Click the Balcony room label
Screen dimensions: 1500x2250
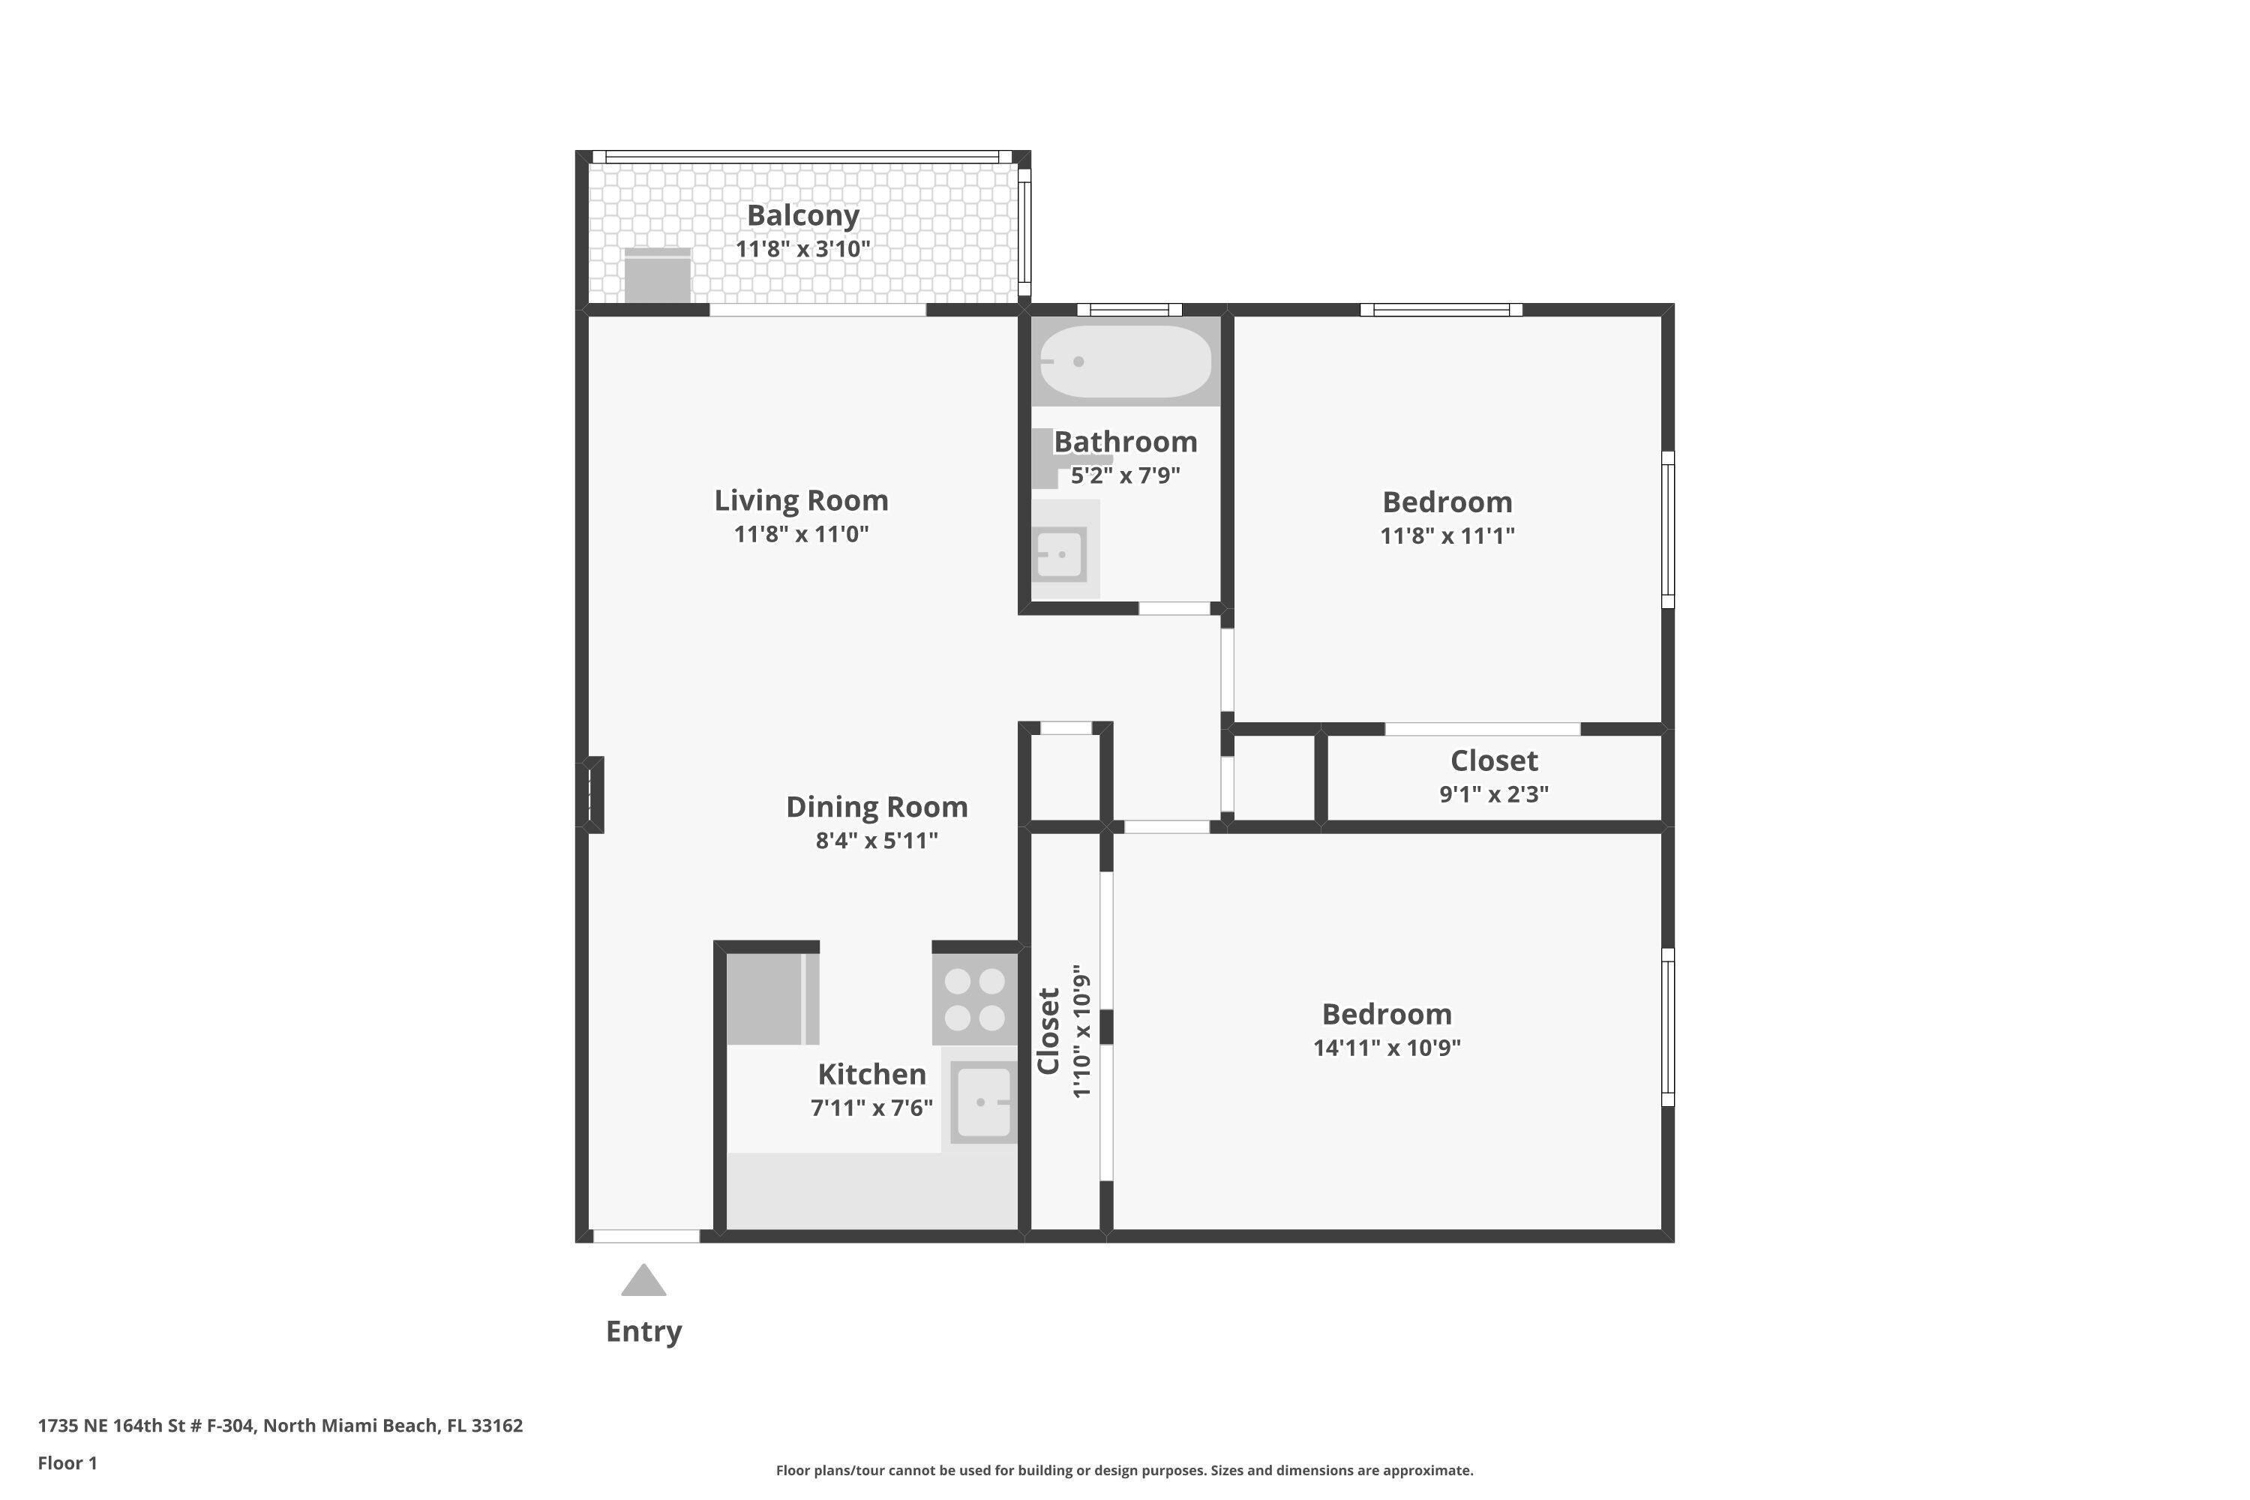pyautogui.click(x=802, y=215)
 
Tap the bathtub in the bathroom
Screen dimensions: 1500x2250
pyautogui.click(x=1125, y=361)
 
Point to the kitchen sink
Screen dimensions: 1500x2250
pyautogui.click(x=983, y=1102)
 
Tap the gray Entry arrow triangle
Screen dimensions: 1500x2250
pyautogui.click(x=643, y=1281)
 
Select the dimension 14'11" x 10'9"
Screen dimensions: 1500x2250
pyautogui.click(x=1386, y=1048)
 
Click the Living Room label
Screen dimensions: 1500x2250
pyautogui.click(x=801, y=500)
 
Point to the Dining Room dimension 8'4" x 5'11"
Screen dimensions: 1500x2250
pyautogui.click(x=876, y=841)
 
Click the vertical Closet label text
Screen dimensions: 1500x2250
pyautogui.click(x=1048, y=1031)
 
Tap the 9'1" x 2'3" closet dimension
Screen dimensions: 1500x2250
pyautogui.click(x=1493, y=794)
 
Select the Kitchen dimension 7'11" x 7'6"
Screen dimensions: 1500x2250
pyautogui.click(x=871, y=1108)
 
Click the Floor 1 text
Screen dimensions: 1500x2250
pyautogui.click(x=67, y=1462)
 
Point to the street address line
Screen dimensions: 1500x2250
pyautogui.click(x=280, y=1426)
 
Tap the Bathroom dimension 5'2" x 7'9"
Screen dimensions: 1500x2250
pyautogui.click(x=1125, y=475)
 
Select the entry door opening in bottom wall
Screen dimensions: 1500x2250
pyautogui.click(x=646, y=1236)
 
